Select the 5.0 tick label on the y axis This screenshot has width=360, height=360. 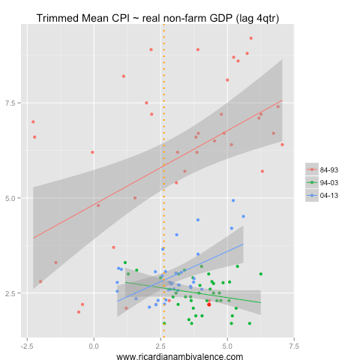[x=14, y=198]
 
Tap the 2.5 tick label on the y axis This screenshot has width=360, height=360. [x=14, y=293]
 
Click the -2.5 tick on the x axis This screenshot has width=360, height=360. [x=27, y=346]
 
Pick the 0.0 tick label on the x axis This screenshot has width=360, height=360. [x=94, y=346]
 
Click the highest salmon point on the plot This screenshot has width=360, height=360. [x=251, y=38]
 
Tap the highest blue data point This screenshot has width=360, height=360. [x=233, y=201]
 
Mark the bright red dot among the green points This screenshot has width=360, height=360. [x=208, y=304]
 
